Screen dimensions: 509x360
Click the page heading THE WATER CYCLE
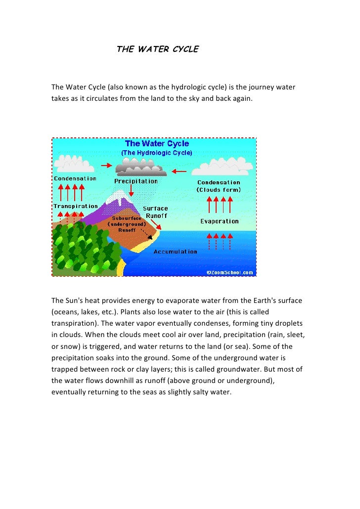click(157, 49)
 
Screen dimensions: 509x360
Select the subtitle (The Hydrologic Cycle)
click(157, 153)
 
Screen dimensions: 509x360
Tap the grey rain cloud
click(141, 169)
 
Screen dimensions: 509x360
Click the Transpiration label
click(76, 206)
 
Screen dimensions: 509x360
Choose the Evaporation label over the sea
click(220, 221)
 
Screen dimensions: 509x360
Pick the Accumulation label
click(176, 252)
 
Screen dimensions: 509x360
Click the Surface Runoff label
click(155, 212)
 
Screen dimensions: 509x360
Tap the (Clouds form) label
click(219, 190)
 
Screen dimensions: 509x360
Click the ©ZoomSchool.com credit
click(230, 272)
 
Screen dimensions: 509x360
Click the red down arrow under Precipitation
click(131, 190)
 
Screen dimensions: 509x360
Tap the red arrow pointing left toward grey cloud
click(179, 172)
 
